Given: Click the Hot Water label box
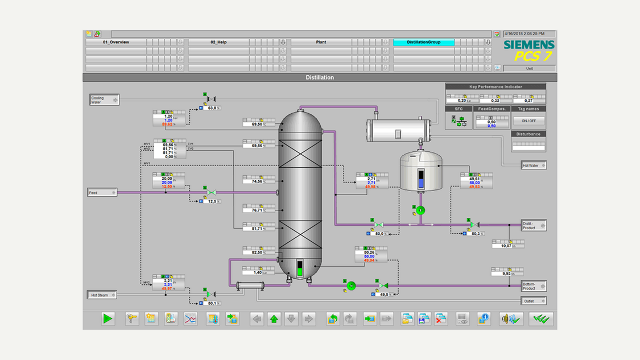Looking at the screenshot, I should pos(534,165).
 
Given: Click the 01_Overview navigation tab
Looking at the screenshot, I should pos(116,42).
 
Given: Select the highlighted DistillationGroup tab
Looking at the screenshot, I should pos(423,42).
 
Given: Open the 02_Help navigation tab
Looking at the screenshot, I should pos(218,42).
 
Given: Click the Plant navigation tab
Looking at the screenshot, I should pos(321,42).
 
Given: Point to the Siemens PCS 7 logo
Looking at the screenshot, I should pos(528,51).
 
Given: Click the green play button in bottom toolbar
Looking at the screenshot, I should pos(108,319).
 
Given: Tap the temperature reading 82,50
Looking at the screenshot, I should pos(257,252).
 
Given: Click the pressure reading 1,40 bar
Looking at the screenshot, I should pos(257,272).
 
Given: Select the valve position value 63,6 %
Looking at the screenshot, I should pos(212,107).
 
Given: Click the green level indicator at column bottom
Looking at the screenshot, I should pos(300,269).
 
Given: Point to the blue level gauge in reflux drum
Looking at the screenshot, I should pos(421,179).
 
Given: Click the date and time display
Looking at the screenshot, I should pos(529,34).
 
